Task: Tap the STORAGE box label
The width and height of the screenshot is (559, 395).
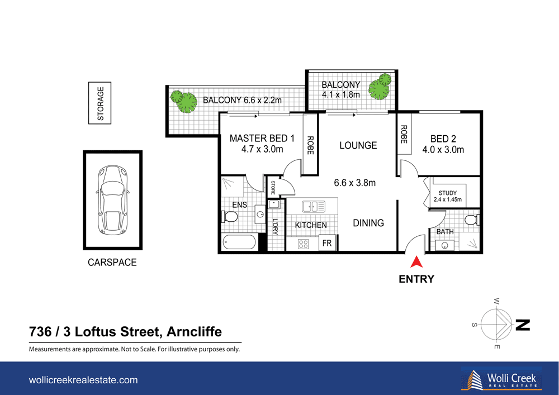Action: point(101,103)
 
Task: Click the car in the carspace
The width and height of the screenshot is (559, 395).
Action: point(112,200)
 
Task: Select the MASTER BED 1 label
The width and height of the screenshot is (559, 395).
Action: point(262,144)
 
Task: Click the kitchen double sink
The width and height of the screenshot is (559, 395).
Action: point(315,207)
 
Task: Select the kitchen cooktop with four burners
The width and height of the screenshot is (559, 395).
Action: point(304,244)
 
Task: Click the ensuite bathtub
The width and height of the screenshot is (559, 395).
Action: point(239,243)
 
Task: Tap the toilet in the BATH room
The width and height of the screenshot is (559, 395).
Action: point(473,219)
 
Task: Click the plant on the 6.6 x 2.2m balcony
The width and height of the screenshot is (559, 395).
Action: point(184,101)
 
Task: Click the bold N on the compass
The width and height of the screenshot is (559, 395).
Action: point(522,325)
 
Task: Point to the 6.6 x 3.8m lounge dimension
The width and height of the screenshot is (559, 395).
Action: point(354,183)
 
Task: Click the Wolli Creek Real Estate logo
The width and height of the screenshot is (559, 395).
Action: point(501,379)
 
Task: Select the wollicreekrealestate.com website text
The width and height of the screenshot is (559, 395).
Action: point(83,380)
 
